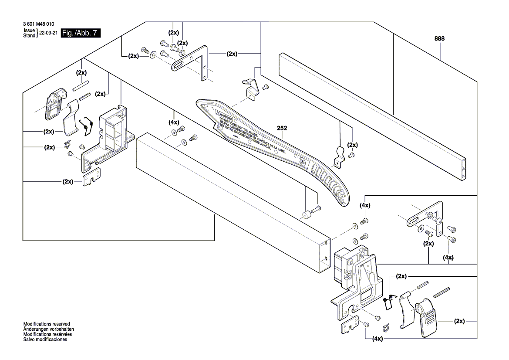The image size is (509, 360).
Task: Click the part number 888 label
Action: (439, 39)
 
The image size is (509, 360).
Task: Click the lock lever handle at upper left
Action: (56, 103)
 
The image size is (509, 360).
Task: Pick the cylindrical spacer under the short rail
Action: (307, 215)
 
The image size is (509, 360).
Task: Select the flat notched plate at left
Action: (92, 178)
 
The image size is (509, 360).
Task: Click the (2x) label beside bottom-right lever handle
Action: (458, 321)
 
